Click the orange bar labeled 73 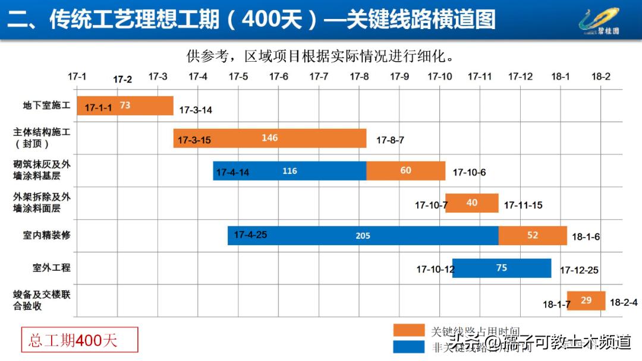tap(125, 106)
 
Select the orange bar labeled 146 tap(269, 138)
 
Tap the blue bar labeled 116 tap(289, 171)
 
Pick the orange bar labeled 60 tap(405, 171)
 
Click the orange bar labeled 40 tap(471, 203)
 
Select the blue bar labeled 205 tap(363, 236)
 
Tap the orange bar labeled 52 tap(532, 236)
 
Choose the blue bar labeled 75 tap(501, 268)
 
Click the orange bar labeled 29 tap(586, 300)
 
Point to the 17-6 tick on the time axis tap(278, 77)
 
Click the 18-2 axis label tap(600, 77)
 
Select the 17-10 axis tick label tap(439, 77)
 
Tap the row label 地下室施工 tap(46, 106)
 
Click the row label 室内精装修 tap(46, 236)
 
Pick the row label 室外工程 tap(51, 268)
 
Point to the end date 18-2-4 tap(624, 302)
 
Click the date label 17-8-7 tap(390, 141)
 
